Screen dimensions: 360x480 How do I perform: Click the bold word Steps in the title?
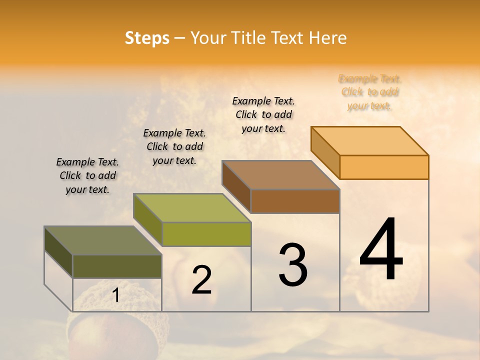pos(147,38)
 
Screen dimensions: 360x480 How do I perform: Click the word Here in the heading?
pos(327,38)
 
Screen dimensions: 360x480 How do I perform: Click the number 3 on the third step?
pos(293,265)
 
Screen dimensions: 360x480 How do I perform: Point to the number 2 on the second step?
pos(201,280)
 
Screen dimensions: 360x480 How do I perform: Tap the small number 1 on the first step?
pos(115,295)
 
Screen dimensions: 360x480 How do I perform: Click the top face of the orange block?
pos(370,140)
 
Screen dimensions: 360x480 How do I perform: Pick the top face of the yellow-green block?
pos(192,208)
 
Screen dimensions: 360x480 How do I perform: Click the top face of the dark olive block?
pos(103,240)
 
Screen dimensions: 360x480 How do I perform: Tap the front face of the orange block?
pos(384,167)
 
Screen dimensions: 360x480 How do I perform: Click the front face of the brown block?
pos(295,201)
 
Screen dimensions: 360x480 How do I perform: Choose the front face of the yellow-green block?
pos(206,234)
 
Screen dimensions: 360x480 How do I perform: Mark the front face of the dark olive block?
pos(117,266)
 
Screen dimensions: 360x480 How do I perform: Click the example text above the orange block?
pos(369,92)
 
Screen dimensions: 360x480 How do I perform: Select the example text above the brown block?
pos(263,114)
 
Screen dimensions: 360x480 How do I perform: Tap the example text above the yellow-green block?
pos(174,146)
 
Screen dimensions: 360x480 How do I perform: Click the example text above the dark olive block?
pos(87,175)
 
